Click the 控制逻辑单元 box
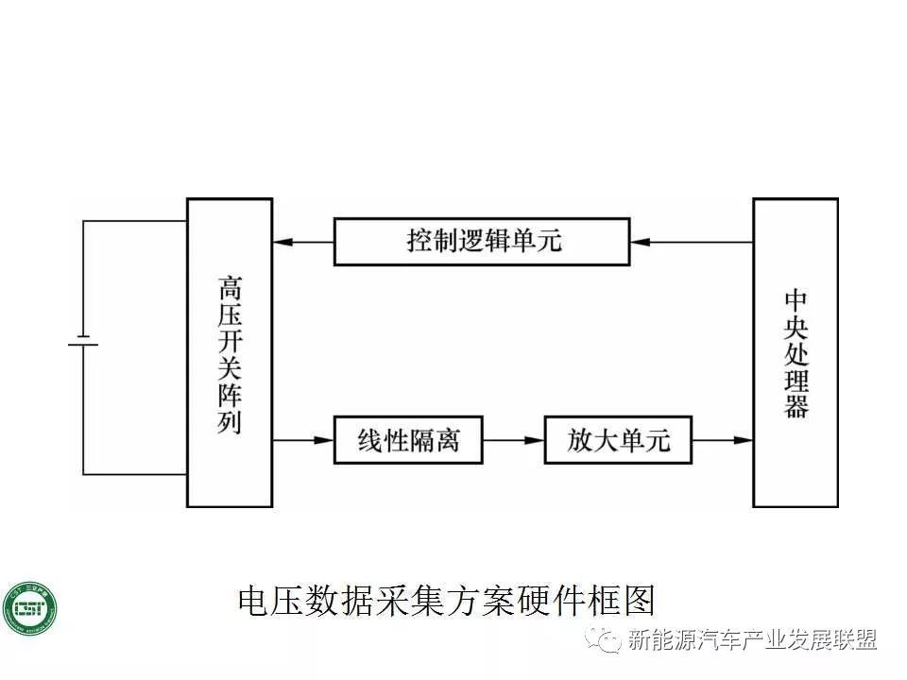[x=482, y=241]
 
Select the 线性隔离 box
[x=408, y=440]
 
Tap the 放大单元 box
[x=618, y=440]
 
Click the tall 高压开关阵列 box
[x=230, y=352]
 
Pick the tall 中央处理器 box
[x=795, y=352]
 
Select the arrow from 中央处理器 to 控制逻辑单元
[x=691, y=243]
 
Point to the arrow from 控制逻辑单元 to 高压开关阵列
[x=302, y=243]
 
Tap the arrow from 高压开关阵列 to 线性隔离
[x=303, y=440]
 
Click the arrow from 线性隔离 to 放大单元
[x=513, y=440]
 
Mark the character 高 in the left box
[x=230, y=285]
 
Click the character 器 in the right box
[x=796, y=406]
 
